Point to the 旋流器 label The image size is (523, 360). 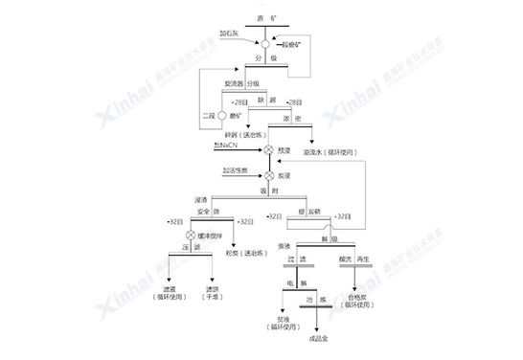coord(234,84)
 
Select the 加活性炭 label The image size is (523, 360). coord(236,170)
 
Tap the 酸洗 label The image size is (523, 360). coord(340,259)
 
